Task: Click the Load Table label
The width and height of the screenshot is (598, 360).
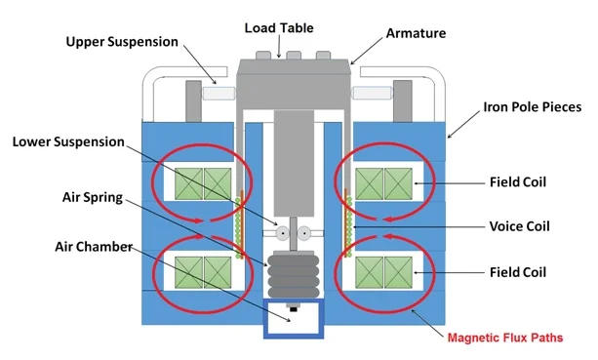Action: coord(279,28)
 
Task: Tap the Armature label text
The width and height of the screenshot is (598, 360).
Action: coord(416,33)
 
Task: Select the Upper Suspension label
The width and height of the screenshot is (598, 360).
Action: coord(122,42)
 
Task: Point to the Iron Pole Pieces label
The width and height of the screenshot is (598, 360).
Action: coord(533,106)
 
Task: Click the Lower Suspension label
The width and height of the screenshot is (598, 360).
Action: coord(68,141)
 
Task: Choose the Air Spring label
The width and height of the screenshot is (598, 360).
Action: coord(93,197)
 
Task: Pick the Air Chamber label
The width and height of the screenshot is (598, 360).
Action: coord(94,247)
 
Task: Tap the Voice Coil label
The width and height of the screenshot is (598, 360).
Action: coord(519,226)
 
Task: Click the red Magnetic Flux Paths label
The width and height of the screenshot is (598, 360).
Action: coord(505,338)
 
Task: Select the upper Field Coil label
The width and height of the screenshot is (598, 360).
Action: coord(518,181)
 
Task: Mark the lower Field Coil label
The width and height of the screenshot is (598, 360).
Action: coord(518,272)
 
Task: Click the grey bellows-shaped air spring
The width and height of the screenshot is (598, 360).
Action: coord(294,274)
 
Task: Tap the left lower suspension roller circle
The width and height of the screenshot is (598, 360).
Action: coord(283,233)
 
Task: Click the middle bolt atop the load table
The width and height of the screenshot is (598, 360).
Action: coord(294,56)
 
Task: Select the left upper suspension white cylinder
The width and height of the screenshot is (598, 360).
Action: coord(219,94)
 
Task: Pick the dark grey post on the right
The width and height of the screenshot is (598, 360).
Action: coord(403,101)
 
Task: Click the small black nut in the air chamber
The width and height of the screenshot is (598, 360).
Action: coord(294,307)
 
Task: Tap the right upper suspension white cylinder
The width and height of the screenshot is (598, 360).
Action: coord(372,93)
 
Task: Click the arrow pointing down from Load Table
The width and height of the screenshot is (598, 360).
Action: coord(279,47)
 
